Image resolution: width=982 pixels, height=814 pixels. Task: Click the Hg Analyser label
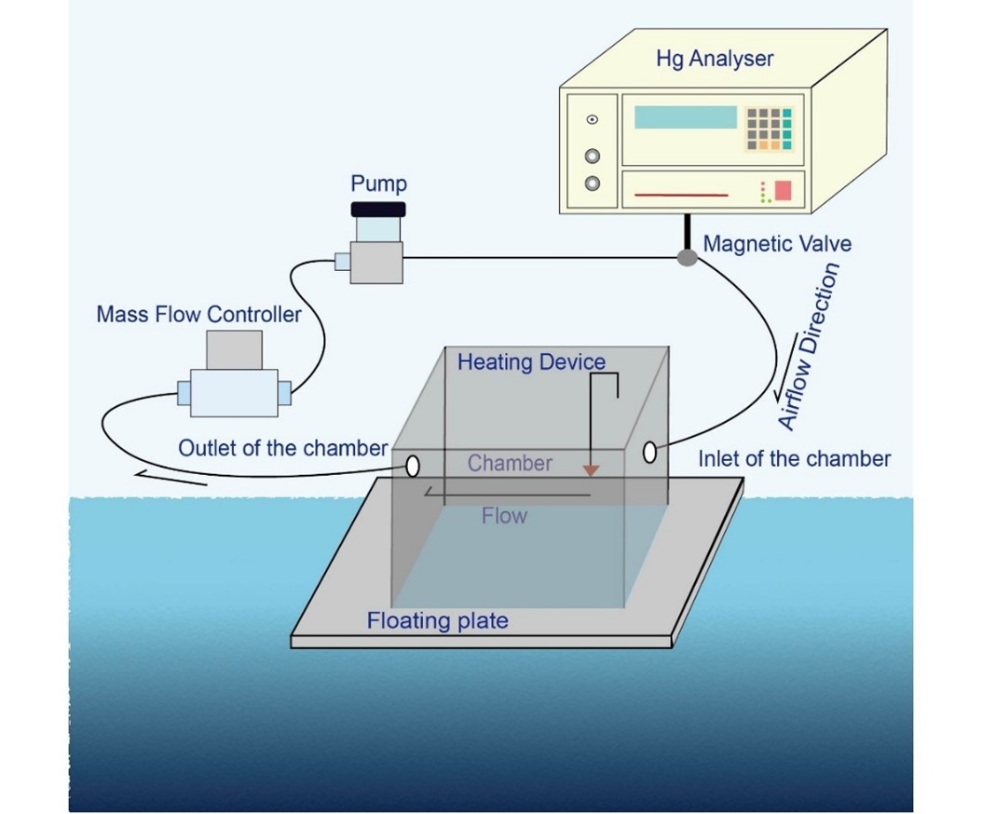pos(715,59)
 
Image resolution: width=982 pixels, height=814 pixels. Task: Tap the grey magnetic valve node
pos(687,257)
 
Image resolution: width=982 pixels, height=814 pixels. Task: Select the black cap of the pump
pos(378,209)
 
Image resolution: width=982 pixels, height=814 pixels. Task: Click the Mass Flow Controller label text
pos(198,314)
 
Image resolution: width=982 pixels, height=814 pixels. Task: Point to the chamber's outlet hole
pos(412,464)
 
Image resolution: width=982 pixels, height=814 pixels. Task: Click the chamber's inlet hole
pos(649,454)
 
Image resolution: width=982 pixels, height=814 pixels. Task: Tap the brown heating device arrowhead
pos(590,471)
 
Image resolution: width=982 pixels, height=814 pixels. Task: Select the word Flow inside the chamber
pos(504,515)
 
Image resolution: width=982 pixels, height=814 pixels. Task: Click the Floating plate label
pos(438,620)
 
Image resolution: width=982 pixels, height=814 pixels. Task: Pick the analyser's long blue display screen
pos(685,117)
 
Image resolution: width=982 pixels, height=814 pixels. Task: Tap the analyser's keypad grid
pos(768,129)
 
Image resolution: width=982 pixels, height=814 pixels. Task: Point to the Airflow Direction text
pos(809,346)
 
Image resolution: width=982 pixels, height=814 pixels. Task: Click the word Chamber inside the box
pos(510,463)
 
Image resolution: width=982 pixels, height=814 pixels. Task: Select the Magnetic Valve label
pos(777,244)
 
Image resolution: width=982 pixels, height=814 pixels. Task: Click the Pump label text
pos(378,183)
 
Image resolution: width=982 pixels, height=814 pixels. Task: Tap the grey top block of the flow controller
pos(234,348)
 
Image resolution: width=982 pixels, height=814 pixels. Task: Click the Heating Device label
pos(531,361)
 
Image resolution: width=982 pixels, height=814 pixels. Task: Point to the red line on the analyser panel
pos(681,196)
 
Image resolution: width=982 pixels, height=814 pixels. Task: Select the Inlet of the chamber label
pos(794,458)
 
